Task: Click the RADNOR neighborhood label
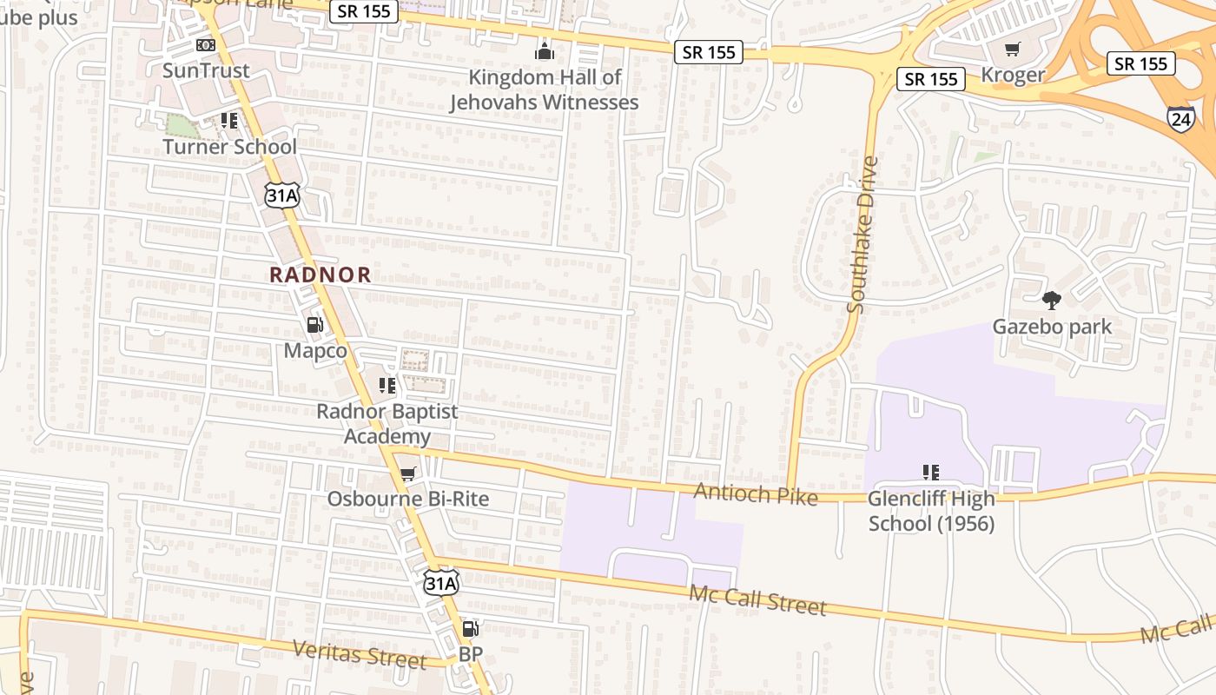tap(320, 275)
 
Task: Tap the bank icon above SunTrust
tap(205, 45)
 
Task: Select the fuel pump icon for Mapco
tap(314, 326)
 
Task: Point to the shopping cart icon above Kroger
tap(1012, 50)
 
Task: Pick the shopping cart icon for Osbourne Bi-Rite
tap(407, 474)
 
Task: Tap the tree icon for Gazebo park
tap(1052, 301)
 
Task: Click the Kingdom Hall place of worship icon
tap(545, 52)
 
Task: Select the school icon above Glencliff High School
tap(931, 473)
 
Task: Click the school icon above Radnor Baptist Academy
tap(387, 385)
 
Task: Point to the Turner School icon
tap(229, 121)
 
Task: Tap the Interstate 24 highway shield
tap(1180, 119)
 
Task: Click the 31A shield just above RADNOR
tap(282, 195)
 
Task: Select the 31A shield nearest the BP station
tap(440, 583)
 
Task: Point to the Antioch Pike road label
tap(756, 494)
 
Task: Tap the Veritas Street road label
tap(360, 654)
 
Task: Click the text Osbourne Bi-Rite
tap(407, 500)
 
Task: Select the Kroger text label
tap(1013, 75)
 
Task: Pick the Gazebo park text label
tap(1052, 327)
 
